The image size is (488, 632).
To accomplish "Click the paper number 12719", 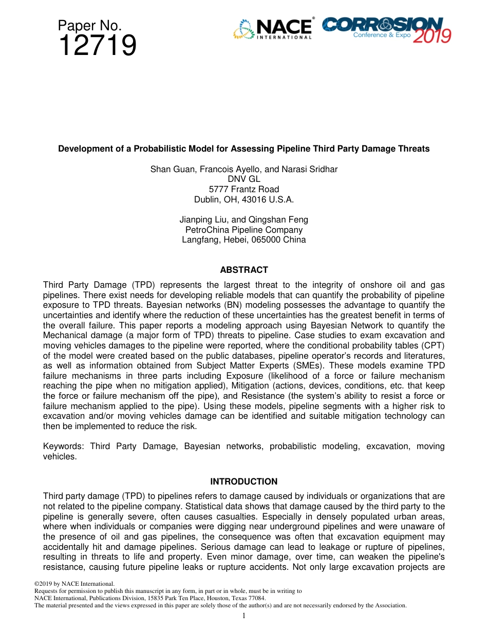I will [97, 46].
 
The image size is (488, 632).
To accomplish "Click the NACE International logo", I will [273, 29].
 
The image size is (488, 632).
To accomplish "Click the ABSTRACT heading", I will [244, 270].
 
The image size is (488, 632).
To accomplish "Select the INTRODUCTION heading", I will [244, 481].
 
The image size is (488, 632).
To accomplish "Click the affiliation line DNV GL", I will [244, 179].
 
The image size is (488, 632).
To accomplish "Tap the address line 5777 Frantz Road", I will [244, 189].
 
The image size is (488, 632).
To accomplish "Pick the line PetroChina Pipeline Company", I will [244, 230].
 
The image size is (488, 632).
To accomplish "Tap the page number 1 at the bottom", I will [244, 616].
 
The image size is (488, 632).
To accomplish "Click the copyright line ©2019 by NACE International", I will [74, 584].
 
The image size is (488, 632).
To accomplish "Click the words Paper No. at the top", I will [89, 25].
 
